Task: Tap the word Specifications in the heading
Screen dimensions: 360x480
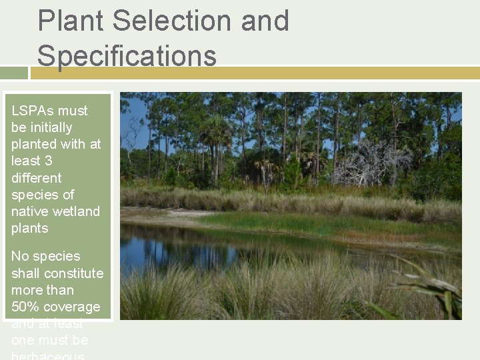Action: (x=127, y=55)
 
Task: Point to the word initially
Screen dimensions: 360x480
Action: (x=49, y=127)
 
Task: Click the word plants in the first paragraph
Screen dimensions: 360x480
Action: (x=29, y=228)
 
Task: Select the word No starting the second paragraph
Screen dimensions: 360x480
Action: (x=20, y=257)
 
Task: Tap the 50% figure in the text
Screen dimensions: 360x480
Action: (x=26, y=307)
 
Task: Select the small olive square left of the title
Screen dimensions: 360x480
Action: (x=13, y=72)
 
